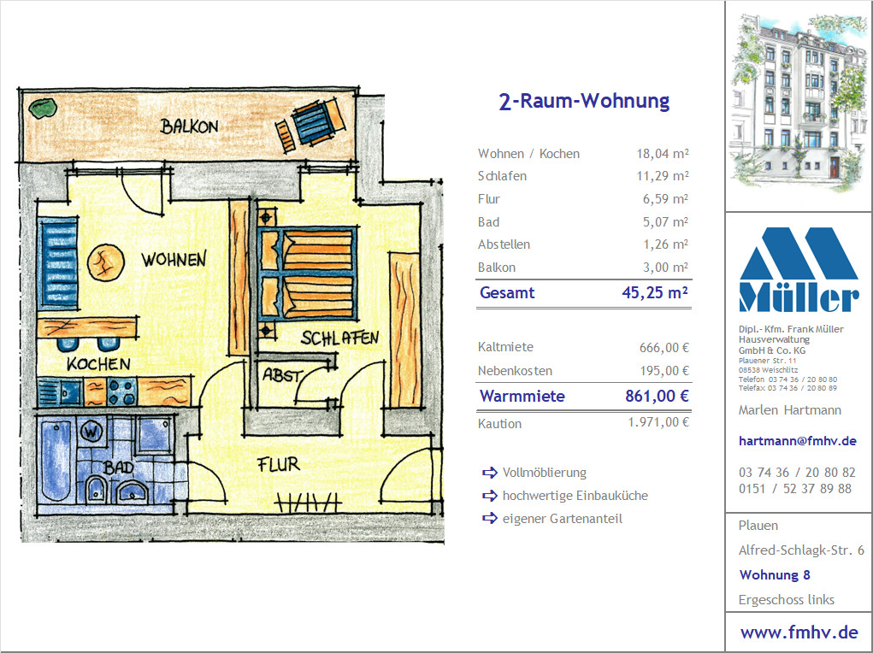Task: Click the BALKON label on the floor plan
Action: pyautogui.click(x=189, y=126)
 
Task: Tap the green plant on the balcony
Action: pyautogui.click(x=43, y=108)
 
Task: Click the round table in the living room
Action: pyautogui.click(x=106, y=262)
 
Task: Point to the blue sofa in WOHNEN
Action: pyautogui.click(x=58, y=263)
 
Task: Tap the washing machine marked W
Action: pyautogui.click(x=91, y=432)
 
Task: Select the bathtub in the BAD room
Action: pyautogui.click(x=56, y=460)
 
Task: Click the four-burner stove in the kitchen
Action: pyautogui.click(x=122, y=391)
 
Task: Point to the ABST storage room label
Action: pyautogui.click(x=283, y=376)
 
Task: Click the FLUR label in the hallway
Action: pyautogui.click(x=279, y=464)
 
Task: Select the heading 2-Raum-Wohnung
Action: pyautogui.click(x=584, y=102)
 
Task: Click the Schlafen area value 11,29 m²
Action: pyautogui.click(x=663, y=176)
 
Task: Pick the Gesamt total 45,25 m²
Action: pyautogui.click(x=655, y=293)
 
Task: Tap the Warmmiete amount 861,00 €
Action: pyautogui.click(x=657, y=396)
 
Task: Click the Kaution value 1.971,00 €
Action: pyautogui.click(x=658, y=422)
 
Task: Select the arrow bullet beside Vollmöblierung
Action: pyautogui.click(x=490, y=473)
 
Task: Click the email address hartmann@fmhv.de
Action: pyautogui.click(x=797, y=441)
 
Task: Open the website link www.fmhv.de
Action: pyautogui.click(x=799, y=632)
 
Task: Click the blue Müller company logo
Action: pyautogui.click(x=799, y=269)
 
